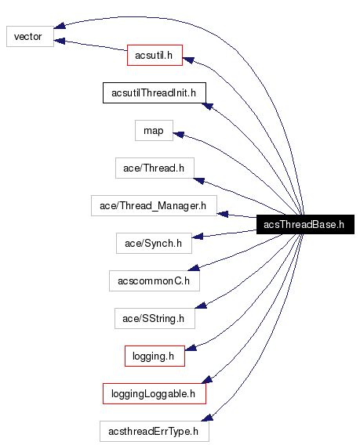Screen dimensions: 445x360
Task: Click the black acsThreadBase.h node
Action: coord(304,225)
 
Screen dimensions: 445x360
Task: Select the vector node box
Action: coord(30,36)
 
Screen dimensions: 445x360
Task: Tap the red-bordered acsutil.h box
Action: coord(155,55)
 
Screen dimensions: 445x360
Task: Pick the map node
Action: coord(154,130)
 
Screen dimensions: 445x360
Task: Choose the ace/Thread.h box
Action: coord(154,168)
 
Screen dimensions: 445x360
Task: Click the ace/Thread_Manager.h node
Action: coord(154,206)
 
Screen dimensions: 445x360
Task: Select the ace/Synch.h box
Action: coord(154,244)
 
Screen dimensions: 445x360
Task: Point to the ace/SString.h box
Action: coord(154,318)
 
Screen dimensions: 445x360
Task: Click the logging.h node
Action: coord(154,356)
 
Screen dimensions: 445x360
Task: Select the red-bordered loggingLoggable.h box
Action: coord(154,393)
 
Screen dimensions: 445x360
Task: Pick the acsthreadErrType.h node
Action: coord(154,431)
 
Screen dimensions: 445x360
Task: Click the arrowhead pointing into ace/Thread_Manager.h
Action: coord(222,212)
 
